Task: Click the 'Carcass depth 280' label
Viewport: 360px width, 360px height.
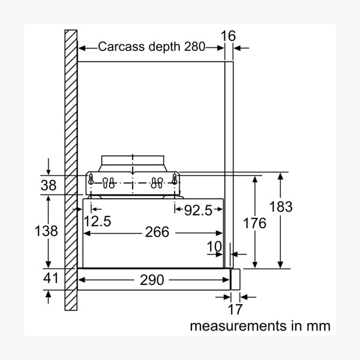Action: (x=151, y=46)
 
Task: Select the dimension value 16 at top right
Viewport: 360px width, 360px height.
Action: (x=228, y=35)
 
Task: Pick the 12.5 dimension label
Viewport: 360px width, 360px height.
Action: (x=97, y=221)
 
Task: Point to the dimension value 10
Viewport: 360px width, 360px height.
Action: (x=214, y=247)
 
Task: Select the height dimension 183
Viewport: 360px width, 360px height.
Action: (x=280, y=207)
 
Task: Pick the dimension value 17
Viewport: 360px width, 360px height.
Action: (x=236, y=310)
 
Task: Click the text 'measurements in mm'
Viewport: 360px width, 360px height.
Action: (x=260, y=326)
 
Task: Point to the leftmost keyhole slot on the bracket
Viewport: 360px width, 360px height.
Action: (x=92, y=179)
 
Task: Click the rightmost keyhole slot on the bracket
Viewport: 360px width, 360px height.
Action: (x=175, y=179)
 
